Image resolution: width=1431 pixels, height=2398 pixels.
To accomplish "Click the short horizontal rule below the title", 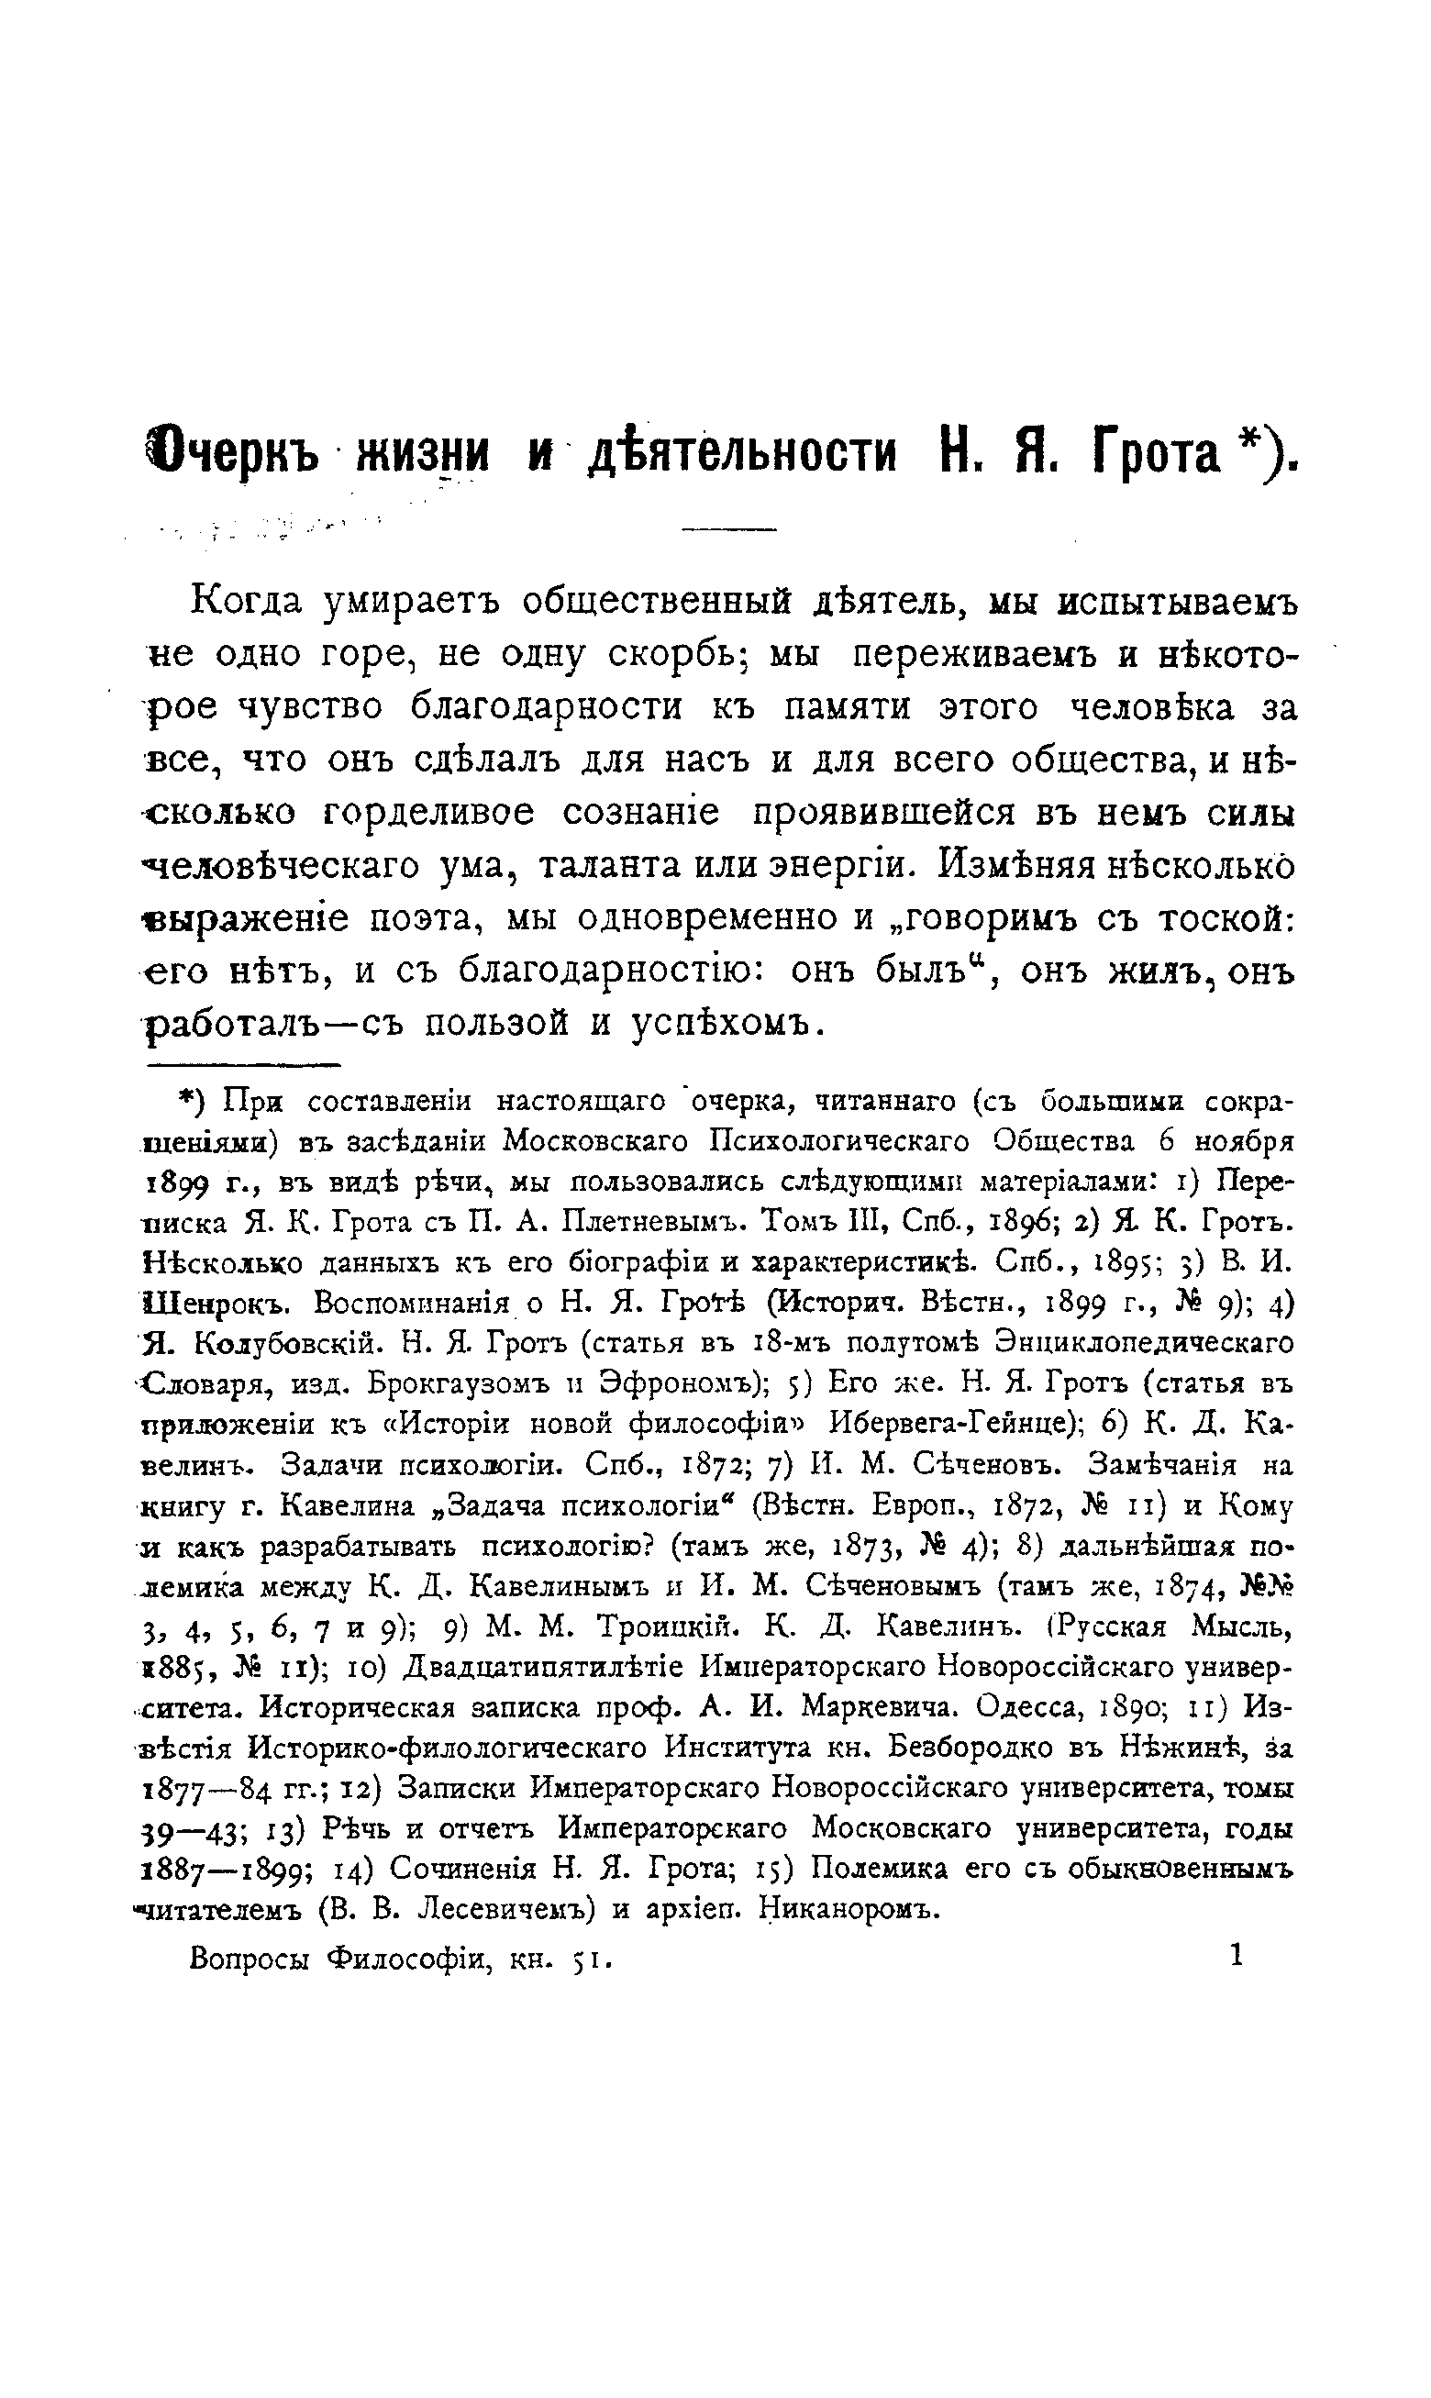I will point(728,528).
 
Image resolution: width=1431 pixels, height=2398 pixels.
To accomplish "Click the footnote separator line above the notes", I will point(245,1065).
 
